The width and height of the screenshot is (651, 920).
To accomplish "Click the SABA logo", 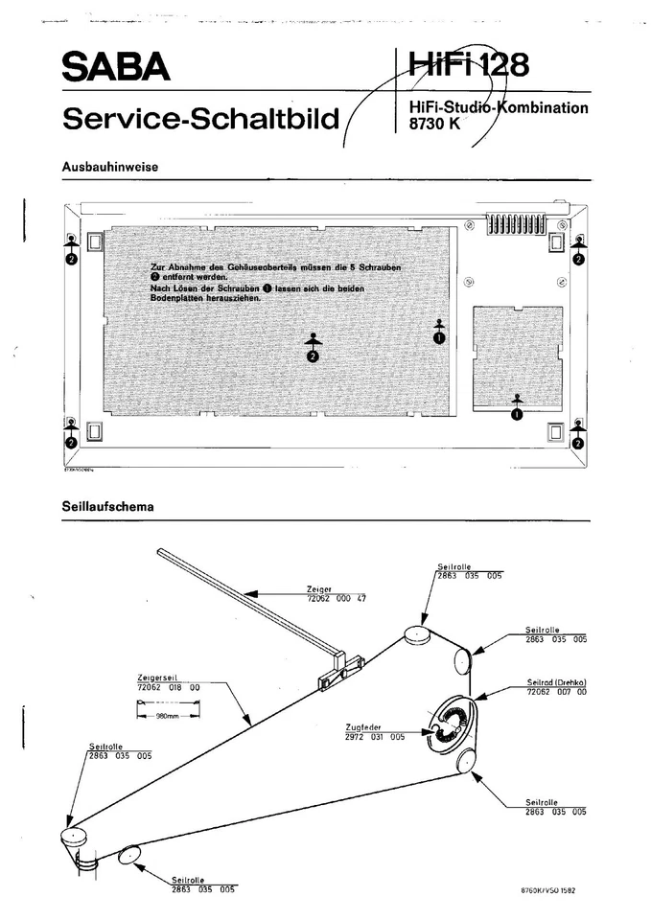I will [x=116, y=68].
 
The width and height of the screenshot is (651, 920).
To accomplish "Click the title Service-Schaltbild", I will [x=200, y=119].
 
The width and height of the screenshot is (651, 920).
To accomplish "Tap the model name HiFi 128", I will [x=468, y=65].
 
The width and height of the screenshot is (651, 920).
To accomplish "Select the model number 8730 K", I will [x=434, y=123].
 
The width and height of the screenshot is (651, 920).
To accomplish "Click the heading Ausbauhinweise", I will [x=109, y=167].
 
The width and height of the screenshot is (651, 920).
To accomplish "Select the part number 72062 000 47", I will [x=336, y=598].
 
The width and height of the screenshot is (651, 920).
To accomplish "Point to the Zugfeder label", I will [x=360, y=727].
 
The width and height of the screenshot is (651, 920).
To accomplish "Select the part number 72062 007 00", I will [x=556, y=691].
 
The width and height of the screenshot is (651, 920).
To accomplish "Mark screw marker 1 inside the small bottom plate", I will [x=517, y=415].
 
